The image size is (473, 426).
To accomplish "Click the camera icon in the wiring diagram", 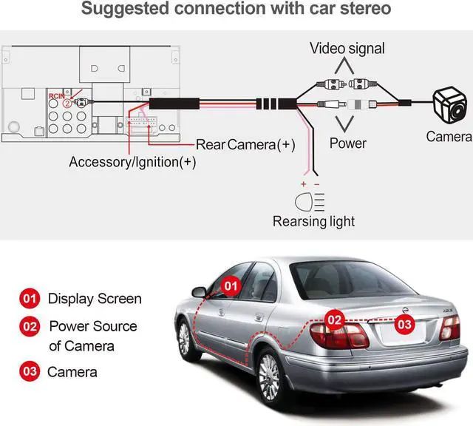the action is (450, 105).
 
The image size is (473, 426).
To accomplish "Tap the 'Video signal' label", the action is (347, 49).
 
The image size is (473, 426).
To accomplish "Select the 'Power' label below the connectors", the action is (348, 143).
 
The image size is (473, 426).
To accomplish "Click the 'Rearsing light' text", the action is (313, 221).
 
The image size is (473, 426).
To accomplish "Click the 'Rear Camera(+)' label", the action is (245, 145).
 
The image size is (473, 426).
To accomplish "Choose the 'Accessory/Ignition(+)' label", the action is (132, 162).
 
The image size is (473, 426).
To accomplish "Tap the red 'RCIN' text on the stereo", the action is (57, 96).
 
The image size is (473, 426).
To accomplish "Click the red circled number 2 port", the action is (67, 104).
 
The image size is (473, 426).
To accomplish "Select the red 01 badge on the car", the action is (231, 286).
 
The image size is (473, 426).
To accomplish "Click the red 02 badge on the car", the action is (335, 320).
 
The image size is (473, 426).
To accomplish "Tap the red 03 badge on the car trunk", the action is (404, 324).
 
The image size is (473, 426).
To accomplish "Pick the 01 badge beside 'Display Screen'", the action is (30, 299).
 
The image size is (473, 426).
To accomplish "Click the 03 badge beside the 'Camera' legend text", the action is (30, 371).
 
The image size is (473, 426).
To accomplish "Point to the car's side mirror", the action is (200, 292).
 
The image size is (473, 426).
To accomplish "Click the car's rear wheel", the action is (270, 376).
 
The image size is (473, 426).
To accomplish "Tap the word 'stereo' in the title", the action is (365, 8).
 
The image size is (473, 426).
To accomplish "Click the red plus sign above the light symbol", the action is (304, 184).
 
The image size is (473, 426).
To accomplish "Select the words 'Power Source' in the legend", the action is (93, 326).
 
